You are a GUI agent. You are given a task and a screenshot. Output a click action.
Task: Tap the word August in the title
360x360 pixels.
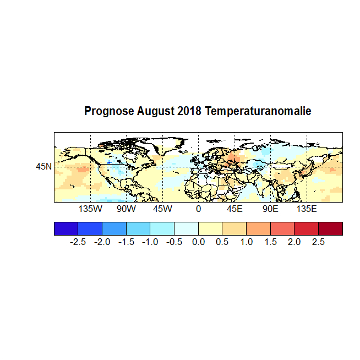(x=156, y=112)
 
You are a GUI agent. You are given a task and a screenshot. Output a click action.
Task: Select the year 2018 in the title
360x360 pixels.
(x=190, y=112)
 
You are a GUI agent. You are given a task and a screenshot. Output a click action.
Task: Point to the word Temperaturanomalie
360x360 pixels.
(x=258, y=112)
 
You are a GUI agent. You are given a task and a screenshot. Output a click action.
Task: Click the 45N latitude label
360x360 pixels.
(x=44, y=166)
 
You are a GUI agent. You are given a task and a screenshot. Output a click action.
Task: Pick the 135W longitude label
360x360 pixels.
(x=90, y=209)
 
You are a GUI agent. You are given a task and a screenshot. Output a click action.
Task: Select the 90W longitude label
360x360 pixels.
(x=126, y=209)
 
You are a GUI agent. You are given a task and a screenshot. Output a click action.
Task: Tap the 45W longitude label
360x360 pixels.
(x=162, y=209)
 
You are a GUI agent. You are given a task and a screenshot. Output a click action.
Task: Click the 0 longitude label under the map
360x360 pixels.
(x=198, y=209)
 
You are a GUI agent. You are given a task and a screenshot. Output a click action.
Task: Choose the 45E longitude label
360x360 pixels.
(x=234, y=209)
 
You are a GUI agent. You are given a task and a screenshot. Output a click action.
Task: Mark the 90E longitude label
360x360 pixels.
(x=270, y=209)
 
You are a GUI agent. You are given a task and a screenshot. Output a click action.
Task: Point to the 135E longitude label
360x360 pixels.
(x=307, y=209)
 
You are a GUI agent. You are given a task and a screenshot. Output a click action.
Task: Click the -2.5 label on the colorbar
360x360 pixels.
(x=78, y=242)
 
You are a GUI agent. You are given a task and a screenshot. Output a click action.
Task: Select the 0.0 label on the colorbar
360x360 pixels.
(x=198, y=242)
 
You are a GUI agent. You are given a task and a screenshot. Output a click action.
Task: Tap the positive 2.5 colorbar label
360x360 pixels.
(x=318, y=242)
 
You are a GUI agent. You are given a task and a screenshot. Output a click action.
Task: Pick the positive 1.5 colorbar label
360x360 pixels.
(x=270, y=242)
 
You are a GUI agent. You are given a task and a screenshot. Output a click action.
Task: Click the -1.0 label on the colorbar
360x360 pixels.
(x=150, y=242)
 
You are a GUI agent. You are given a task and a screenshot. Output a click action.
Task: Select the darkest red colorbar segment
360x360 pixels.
(x=330, y=228)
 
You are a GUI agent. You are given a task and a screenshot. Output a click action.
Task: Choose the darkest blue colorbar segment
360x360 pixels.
(x=66, y=228)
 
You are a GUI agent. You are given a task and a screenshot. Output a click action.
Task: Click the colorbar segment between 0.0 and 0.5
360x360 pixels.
(x=210, y=228)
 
